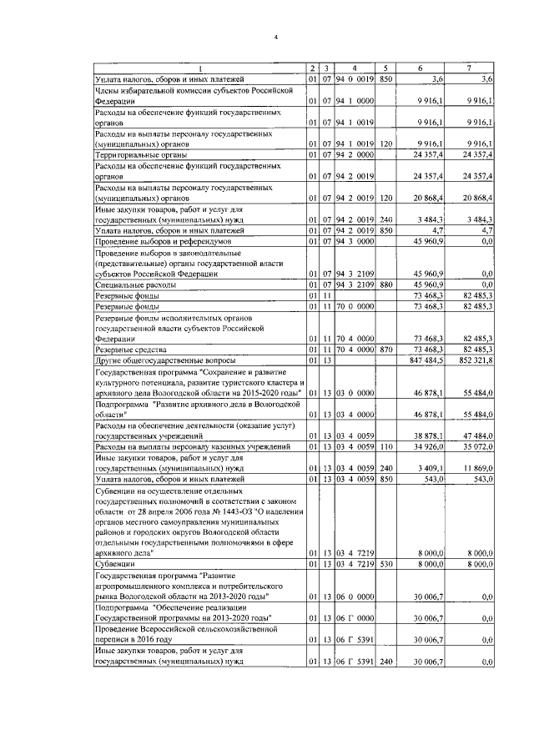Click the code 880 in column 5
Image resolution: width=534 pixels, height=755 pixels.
click(385, 284)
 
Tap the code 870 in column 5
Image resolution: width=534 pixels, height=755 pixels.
click(385, 350)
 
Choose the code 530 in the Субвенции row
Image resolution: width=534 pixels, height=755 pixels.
click(385, 565)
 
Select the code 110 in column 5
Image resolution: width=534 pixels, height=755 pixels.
click(385, 446)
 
